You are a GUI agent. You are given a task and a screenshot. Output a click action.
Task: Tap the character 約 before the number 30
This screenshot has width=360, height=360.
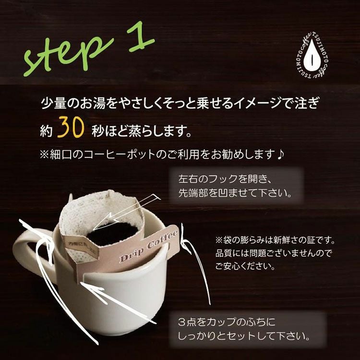coord(46,130)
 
